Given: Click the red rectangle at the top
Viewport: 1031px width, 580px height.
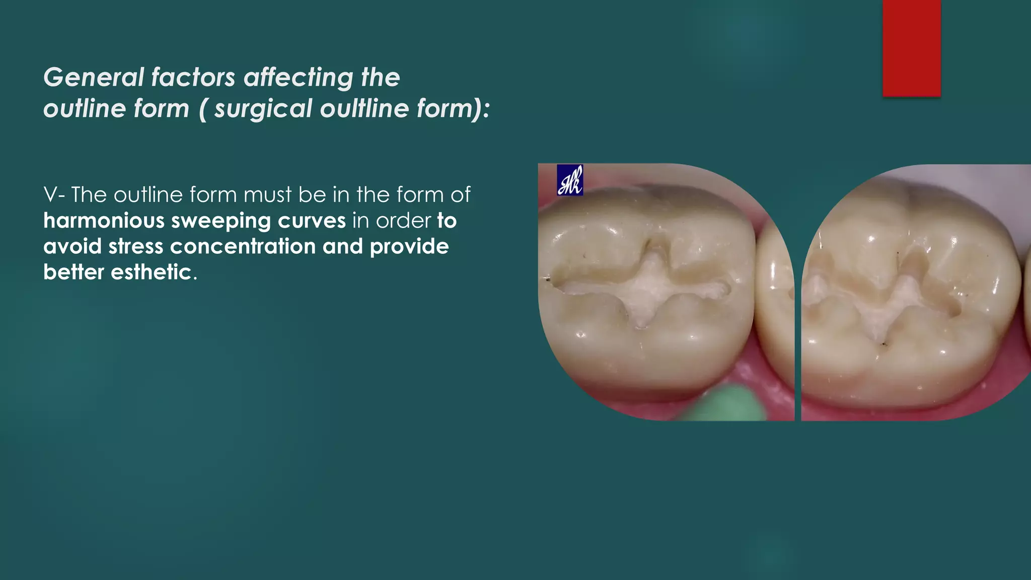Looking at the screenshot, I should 911,48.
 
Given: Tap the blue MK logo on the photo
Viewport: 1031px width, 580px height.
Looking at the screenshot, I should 570,180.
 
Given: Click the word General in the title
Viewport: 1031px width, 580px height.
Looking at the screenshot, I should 94,78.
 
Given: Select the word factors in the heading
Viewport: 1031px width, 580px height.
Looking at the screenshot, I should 193,78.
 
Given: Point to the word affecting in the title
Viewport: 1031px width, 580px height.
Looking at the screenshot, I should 299,78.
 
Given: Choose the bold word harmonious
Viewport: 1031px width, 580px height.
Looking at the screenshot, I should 104,221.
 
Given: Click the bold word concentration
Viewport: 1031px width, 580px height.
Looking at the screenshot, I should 243,246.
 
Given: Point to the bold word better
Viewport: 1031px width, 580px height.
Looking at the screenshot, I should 73,272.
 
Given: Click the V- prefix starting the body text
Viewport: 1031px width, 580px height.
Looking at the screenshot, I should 53,195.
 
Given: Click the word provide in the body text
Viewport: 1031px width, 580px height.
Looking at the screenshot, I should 409,246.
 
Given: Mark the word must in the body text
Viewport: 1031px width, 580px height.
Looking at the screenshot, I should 267,195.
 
